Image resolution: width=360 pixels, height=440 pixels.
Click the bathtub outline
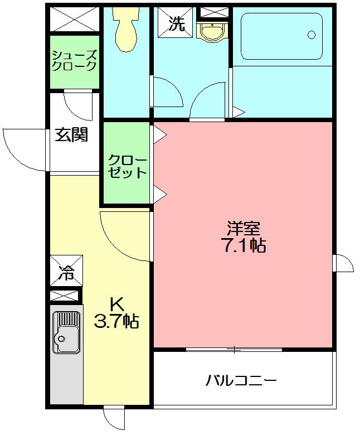click(x=282, y=36)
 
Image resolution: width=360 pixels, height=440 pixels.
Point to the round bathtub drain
click(x=312, y=35)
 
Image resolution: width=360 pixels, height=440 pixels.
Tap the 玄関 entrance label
click(x=71, y=135)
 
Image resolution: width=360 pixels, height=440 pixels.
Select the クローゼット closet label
click(x=127, y=166)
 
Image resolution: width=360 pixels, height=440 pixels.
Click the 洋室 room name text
click(x=244, y=228)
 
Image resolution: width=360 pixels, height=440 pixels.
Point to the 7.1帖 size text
click(x=244, y=246)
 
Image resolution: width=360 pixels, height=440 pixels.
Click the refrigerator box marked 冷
click(x=66, y=272)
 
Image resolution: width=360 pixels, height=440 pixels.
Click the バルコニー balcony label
click(x=241, y=381)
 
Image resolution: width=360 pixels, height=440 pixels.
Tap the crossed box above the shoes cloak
click(x=74, y=19)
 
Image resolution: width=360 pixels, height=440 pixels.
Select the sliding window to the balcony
click(x=234, y=350)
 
